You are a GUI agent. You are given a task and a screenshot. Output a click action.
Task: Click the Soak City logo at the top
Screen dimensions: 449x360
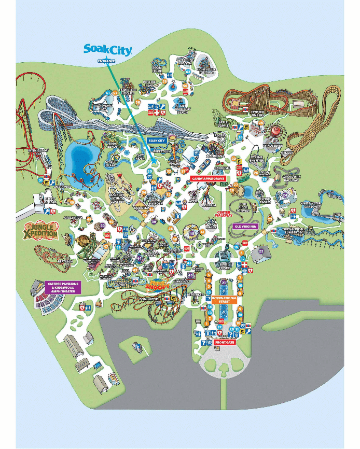point(107,50)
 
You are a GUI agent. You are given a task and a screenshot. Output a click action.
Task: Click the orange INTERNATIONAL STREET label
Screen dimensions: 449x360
point(224,300)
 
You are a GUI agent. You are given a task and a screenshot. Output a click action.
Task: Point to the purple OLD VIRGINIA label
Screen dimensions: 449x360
point(246,227)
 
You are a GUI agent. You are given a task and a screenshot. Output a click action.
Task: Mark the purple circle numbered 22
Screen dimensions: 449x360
point(261,251)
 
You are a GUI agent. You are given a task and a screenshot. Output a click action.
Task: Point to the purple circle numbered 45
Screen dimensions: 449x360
point(192,233)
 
